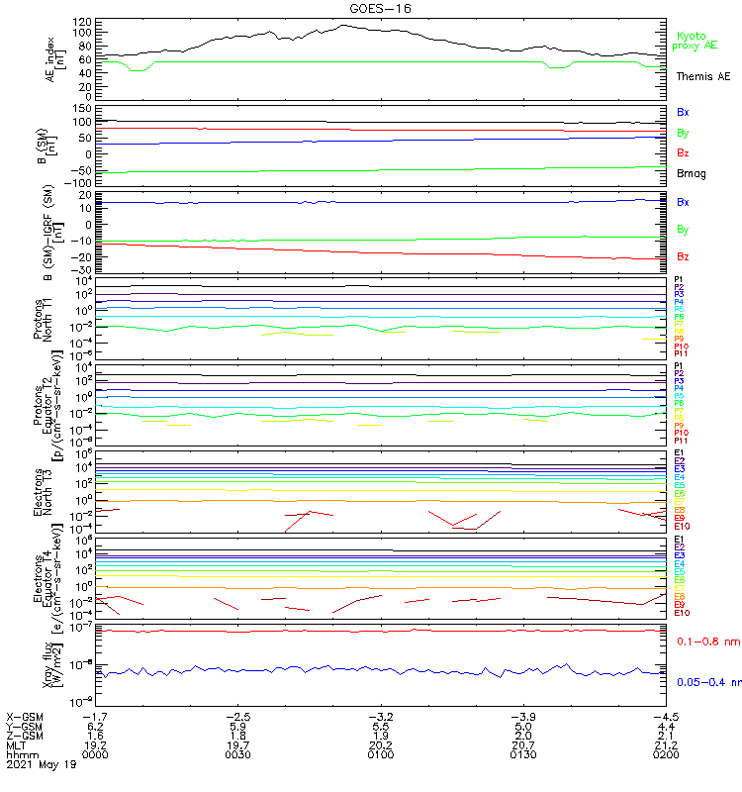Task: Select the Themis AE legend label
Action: click(x=703, y=76)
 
